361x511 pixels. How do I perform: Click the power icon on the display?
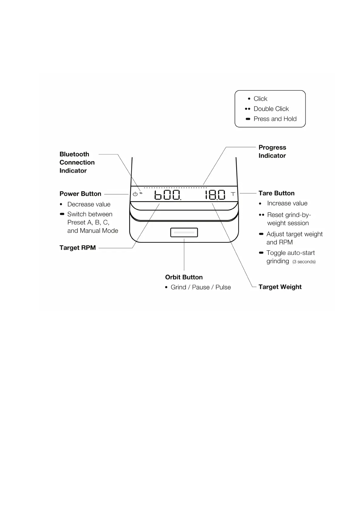tap(135, 194)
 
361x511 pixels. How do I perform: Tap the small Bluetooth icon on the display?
tap(141, 193)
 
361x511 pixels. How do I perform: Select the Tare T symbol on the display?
tap(233, 194)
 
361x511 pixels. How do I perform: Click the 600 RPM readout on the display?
tap(168, 195)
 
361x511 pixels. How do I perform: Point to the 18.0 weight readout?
tap(215, 195)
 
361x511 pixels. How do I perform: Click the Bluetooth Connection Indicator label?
tap(77, 162)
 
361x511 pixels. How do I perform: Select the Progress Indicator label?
tap(272, 151)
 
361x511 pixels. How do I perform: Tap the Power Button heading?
tap(80, 194)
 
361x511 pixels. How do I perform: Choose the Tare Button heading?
tap(276, 193)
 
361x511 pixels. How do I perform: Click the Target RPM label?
tap(78, 248)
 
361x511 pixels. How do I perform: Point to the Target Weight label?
tap(280, 287)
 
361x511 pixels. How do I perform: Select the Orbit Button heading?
tap(184, 277)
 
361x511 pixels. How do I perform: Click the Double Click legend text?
tap(271, 109)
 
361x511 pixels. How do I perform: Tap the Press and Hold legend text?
tap(275, 119)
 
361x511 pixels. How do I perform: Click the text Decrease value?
tap(89, 205)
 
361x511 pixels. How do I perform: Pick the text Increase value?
tap(287, 203)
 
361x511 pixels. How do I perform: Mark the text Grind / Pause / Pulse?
tap(201, 287)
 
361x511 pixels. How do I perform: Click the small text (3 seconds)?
tap(304, 262)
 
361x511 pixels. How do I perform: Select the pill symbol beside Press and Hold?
tap(248, 119)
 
